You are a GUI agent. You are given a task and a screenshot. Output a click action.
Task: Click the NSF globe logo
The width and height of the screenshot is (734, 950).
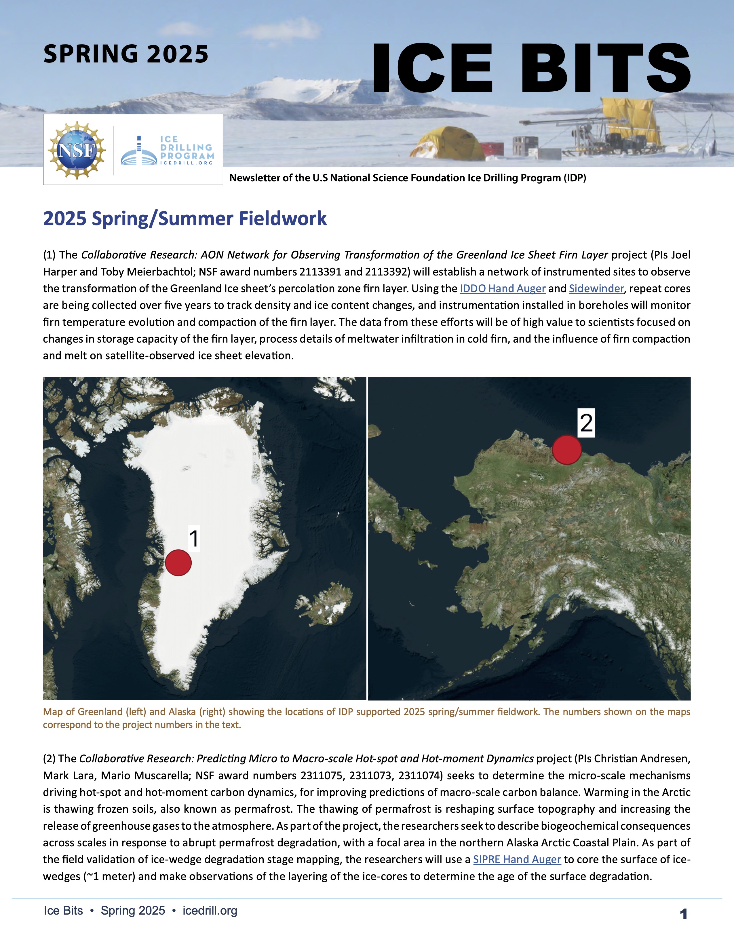77,150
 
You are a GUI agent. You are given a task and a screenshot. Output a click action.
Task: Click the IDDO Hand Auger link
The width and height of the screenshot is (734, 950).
502,288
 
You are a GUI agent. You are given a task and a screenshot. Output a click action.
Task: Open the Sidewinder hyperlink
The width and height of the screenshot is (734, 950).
596,288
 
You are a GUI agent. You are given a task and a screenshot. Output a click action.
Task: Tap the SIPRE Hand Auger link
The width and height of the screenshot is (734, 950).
517,860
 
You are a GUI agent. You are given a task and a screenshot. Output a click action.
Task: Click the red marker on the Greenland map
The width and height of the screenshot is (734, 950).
178,563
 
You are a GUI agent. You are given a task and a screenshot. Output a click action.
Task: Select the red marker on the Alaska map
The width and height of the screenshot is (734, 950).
566,450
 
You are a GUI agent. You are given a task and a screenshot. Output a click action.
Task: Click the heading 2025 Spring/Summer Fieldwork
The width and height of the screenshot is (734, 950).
185,219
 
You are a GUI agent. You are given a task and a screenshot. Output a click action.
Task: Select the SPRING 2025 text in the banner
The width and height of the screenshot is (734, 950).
126,54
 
